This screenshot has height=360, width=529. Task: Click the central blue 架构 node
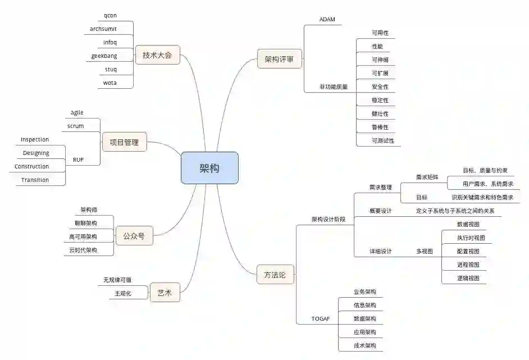209,168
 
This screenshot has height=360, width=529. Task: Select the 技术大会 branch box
157,55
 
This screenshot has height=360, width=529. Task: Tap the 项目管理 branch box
124,142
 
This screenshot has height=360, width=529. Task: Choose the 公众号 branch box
134,236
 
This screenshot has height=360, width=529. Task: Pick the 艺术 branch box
165,293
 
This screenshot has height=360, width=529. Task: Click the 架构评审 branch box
279,59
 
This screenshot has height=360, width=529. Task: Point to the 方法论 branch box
275,275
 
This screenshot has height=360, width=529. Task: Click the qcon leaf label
111,15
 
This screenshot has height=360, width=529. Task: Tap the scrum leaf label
75,126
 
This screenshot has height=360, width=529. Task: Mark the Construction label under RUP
31,166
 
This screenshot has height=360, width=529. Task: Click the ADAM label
327,20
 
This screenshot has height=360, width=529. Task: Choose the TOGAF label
321,318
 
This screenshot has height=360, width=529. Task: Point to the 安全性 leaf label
380,86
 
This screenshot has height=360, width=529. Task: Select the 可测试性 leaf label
382,140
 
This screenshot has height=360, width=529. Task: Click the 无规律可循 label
117,280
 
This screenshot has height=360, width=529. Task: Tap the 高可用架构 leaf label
83,236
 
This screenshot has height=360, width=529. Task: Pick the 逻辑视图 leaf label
468,278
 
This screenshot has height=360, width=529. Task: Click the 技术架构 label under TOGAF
364,345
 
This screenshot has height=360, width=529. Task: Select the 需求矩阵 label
427,177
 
